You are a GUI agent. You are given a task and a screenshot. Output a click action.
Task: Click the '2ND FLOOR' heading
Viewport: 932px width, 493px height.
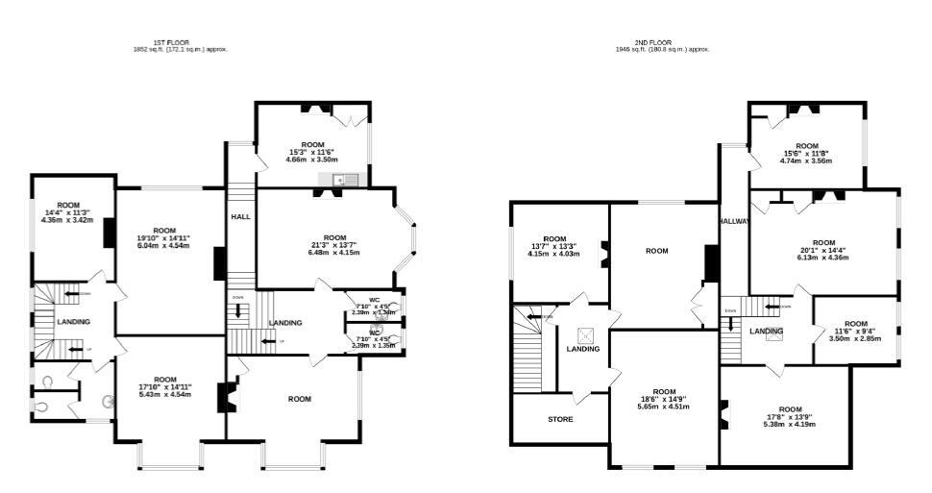point(659,42)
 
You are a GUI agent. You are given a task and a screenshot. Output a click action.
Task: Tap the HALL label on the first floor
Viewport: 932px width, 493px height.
point(240,217)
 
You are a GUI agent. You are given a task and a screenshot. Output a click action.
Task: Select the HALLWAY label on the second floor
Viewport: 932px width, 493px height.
point(734,222)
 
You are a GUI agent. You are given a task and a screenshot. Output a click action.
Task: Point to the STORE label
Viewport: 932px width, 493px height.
point(560,419)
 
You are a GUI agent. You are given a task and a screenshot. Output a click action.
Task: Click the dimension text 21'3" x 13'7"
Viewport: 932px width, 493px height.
point(334,245)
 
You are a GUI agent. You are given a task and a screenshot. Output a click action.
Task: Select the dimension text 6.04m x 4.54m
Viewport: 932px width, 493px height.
point(164,246)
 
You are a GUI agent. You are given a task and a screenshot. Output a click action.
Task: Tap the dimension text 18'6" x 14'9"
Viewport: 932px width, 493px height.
point(664,399)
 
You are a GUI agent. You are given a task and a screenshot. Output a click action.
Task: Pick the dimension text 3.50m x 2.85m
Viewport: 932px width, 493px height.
point(855,338)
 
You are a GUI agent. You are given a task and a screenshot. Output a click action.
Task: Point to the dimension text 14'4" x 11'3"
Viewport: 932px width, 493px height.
point(68,212)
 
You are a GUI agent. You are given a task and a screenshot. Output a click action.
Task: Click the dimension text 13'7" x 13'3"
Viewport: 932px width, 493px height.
point(554,246)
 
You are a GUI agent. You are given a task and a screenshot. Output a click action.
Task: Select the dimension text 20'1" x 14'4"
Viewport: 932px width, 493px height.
point(823,250)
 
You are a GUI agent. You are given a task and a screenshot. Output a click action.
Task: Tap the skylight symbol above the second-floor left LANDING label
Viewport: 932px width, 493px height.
point(583,334)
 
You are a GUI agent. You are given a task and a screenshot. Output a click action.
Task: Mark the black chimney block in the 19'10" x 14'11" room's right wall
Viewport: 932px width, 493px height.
point(219,262)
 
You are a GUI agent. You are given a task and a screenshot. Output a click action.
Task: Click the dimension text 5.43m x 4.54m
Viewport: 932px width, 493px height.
point(165,394)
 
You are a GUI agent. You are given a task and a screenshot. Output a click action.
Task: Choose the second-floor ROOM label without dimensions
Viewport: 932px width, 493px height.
point(656,251)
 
